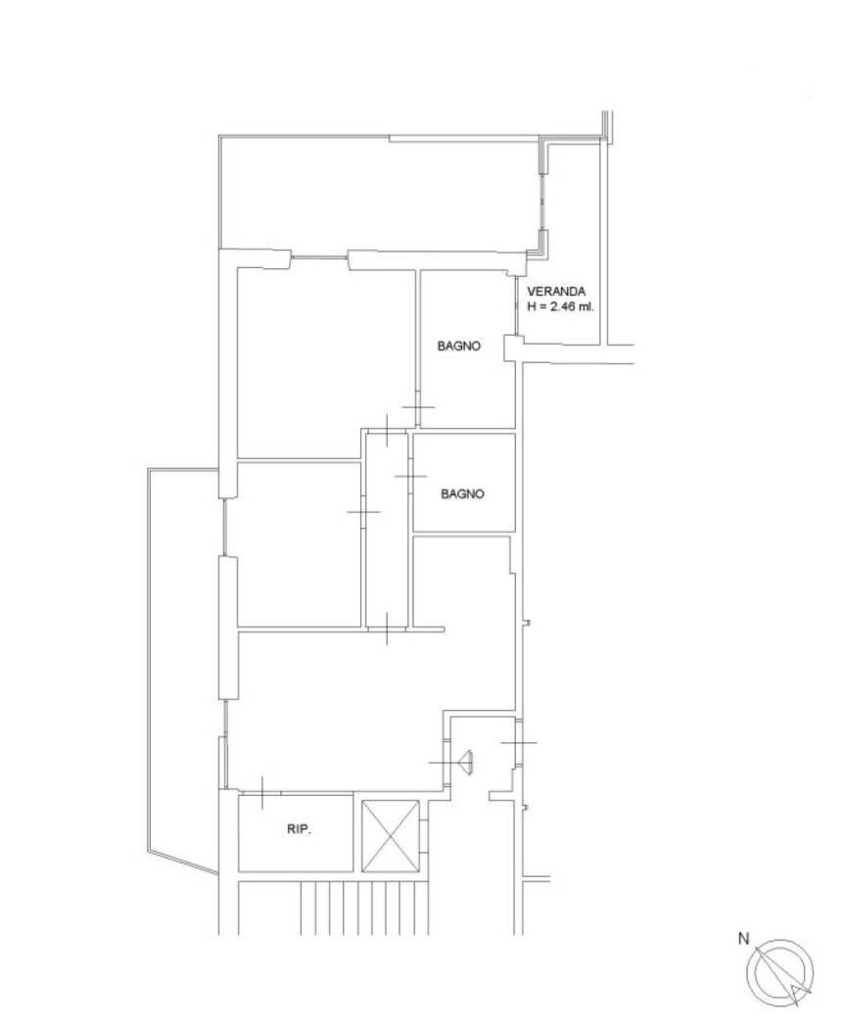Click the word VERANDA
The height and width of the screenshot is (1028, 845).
[556, 292]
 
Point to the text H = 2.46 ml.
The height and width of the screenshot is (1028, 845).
[560, 306]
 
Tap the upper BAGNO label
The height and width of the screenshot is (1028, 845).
[458, 346]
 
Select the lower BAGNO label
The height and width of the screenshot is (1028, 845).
[462, 494]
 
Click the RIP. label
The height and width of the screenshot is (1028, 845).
[299, 830]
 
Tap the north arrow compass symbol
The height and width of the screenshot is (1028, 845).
[780, 971]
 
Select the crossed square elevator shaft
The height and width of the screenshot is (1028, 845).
[390, 836]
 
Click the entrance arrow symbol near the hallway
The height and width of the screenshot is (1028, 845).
[467, 761]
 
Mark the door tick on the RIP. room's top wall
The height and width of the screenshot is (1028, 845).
[263, 792]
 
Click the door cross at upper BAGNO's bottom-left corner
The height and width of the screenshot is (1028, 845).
[418, 408]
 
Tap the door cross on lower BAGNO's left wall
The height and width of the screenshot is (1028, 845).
[410, 476]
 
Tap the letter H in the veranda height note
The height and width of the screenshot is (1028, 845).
[532, 306]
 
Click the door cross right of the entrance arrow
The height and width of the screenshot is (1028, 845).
[518, 743]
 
